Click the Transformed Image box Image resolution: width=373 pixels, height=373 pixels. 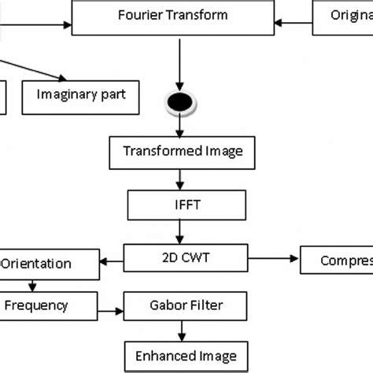click(183, 151)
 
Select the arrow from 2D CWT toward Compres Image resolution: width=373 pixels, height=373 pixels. click(272, 256)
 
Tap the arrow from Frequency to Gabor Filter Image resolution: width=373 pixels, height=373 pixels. click(106, 305)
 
